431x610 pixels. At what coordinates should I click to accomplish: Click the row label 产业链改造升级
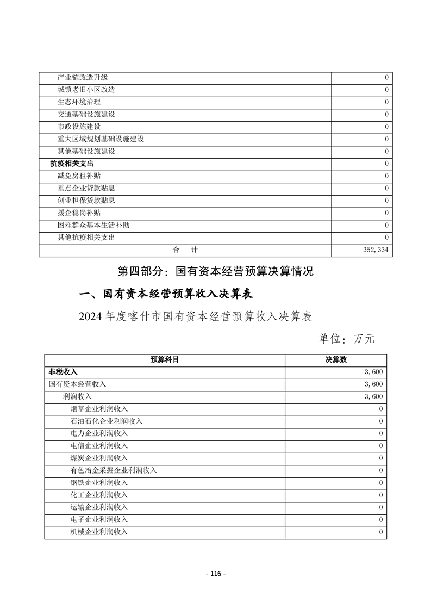[83, 77]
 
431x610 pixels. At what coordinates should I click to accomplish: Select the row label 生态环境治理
[79, 102]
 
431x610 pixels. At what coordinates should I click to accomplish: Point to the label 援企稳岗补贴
[79, 213]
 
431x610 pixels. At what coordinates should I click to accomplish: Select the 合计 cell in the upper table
[185, 250]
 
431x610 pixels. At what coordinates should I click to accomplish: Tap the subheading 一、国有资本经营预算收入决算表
[165, 294]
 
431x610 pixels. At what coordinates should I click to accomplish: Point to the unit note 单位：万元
[346, 339]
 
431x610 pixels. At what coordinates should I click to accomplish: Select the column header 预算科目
[165, 360]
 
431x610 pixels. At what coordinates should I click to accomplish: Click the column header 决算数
[336, 360]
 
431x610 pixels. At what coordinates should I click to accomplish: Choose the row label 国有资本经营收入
[78, 384]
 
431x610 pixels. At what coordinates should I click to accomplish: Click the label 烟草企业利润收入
[99, 409]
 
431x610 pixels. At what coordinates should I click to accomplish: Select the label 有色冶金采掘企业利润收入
[114, 470]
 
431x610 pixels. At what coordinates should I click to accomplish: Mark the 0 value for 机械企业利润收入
[381, 532]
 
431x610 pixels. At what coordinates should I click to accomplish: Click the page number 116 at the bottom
[216, 574]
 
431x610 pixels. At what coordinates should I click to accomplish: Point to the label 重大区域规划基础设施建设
[101, 139]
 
